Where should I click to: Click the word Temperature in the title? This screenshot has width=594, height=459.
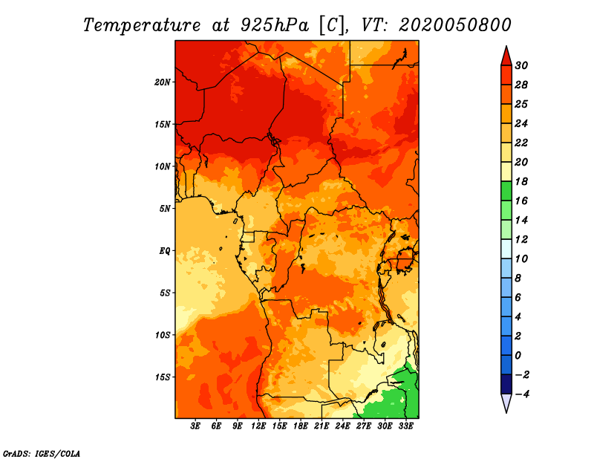point(142,25)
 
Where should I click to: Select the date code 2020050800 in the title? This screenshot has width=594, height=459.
point(455,25)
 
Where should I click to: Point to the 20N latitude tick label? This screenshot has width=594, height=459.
point(163,82)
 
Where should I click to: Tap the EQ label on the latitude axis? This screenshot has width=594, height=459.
point(165,251)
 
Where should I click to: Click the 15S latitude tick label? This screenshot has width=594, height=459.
point(163,377)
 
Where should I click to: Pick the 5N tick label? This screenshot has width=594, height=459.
point(165,209)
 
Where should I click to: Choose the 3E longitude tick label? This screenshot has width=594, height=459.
point(195,426)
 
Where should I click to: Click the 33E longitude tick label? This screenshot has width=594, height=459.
point(405,426)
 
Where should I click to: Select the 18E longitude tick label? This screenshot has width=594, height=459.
point(301,426)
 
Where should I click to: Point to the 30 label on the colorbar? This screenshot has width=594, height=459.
point(521,65)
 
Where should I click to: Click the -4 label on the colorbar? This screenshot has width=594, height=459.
point(521,394)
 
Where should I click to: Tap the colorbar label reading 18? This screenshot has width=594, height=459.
point(521,181)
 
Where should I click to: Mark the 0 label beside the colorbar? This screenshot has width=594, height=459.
point(518,356)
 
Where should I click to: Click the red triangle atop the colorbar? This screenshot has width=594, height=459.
point(506,56)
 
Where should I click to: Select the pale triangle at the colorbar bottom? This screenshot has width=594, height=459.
point(506,403)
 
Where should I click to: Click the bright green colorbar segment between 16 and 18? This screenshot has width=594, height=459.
point(506,191)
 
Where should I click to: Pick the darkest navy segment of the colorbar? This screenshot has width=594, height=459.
point(506,384)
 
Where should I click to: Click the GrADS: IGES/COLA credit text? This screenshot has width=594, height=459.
point(42,454)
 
